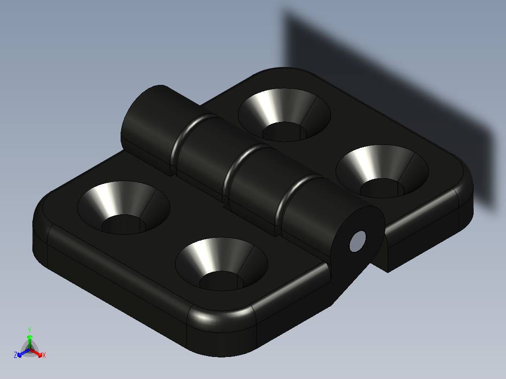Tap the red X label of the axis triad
coord(44,356)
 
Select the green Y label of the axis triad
coord(29,330)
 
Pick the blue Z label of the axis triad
coord(15,356)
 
